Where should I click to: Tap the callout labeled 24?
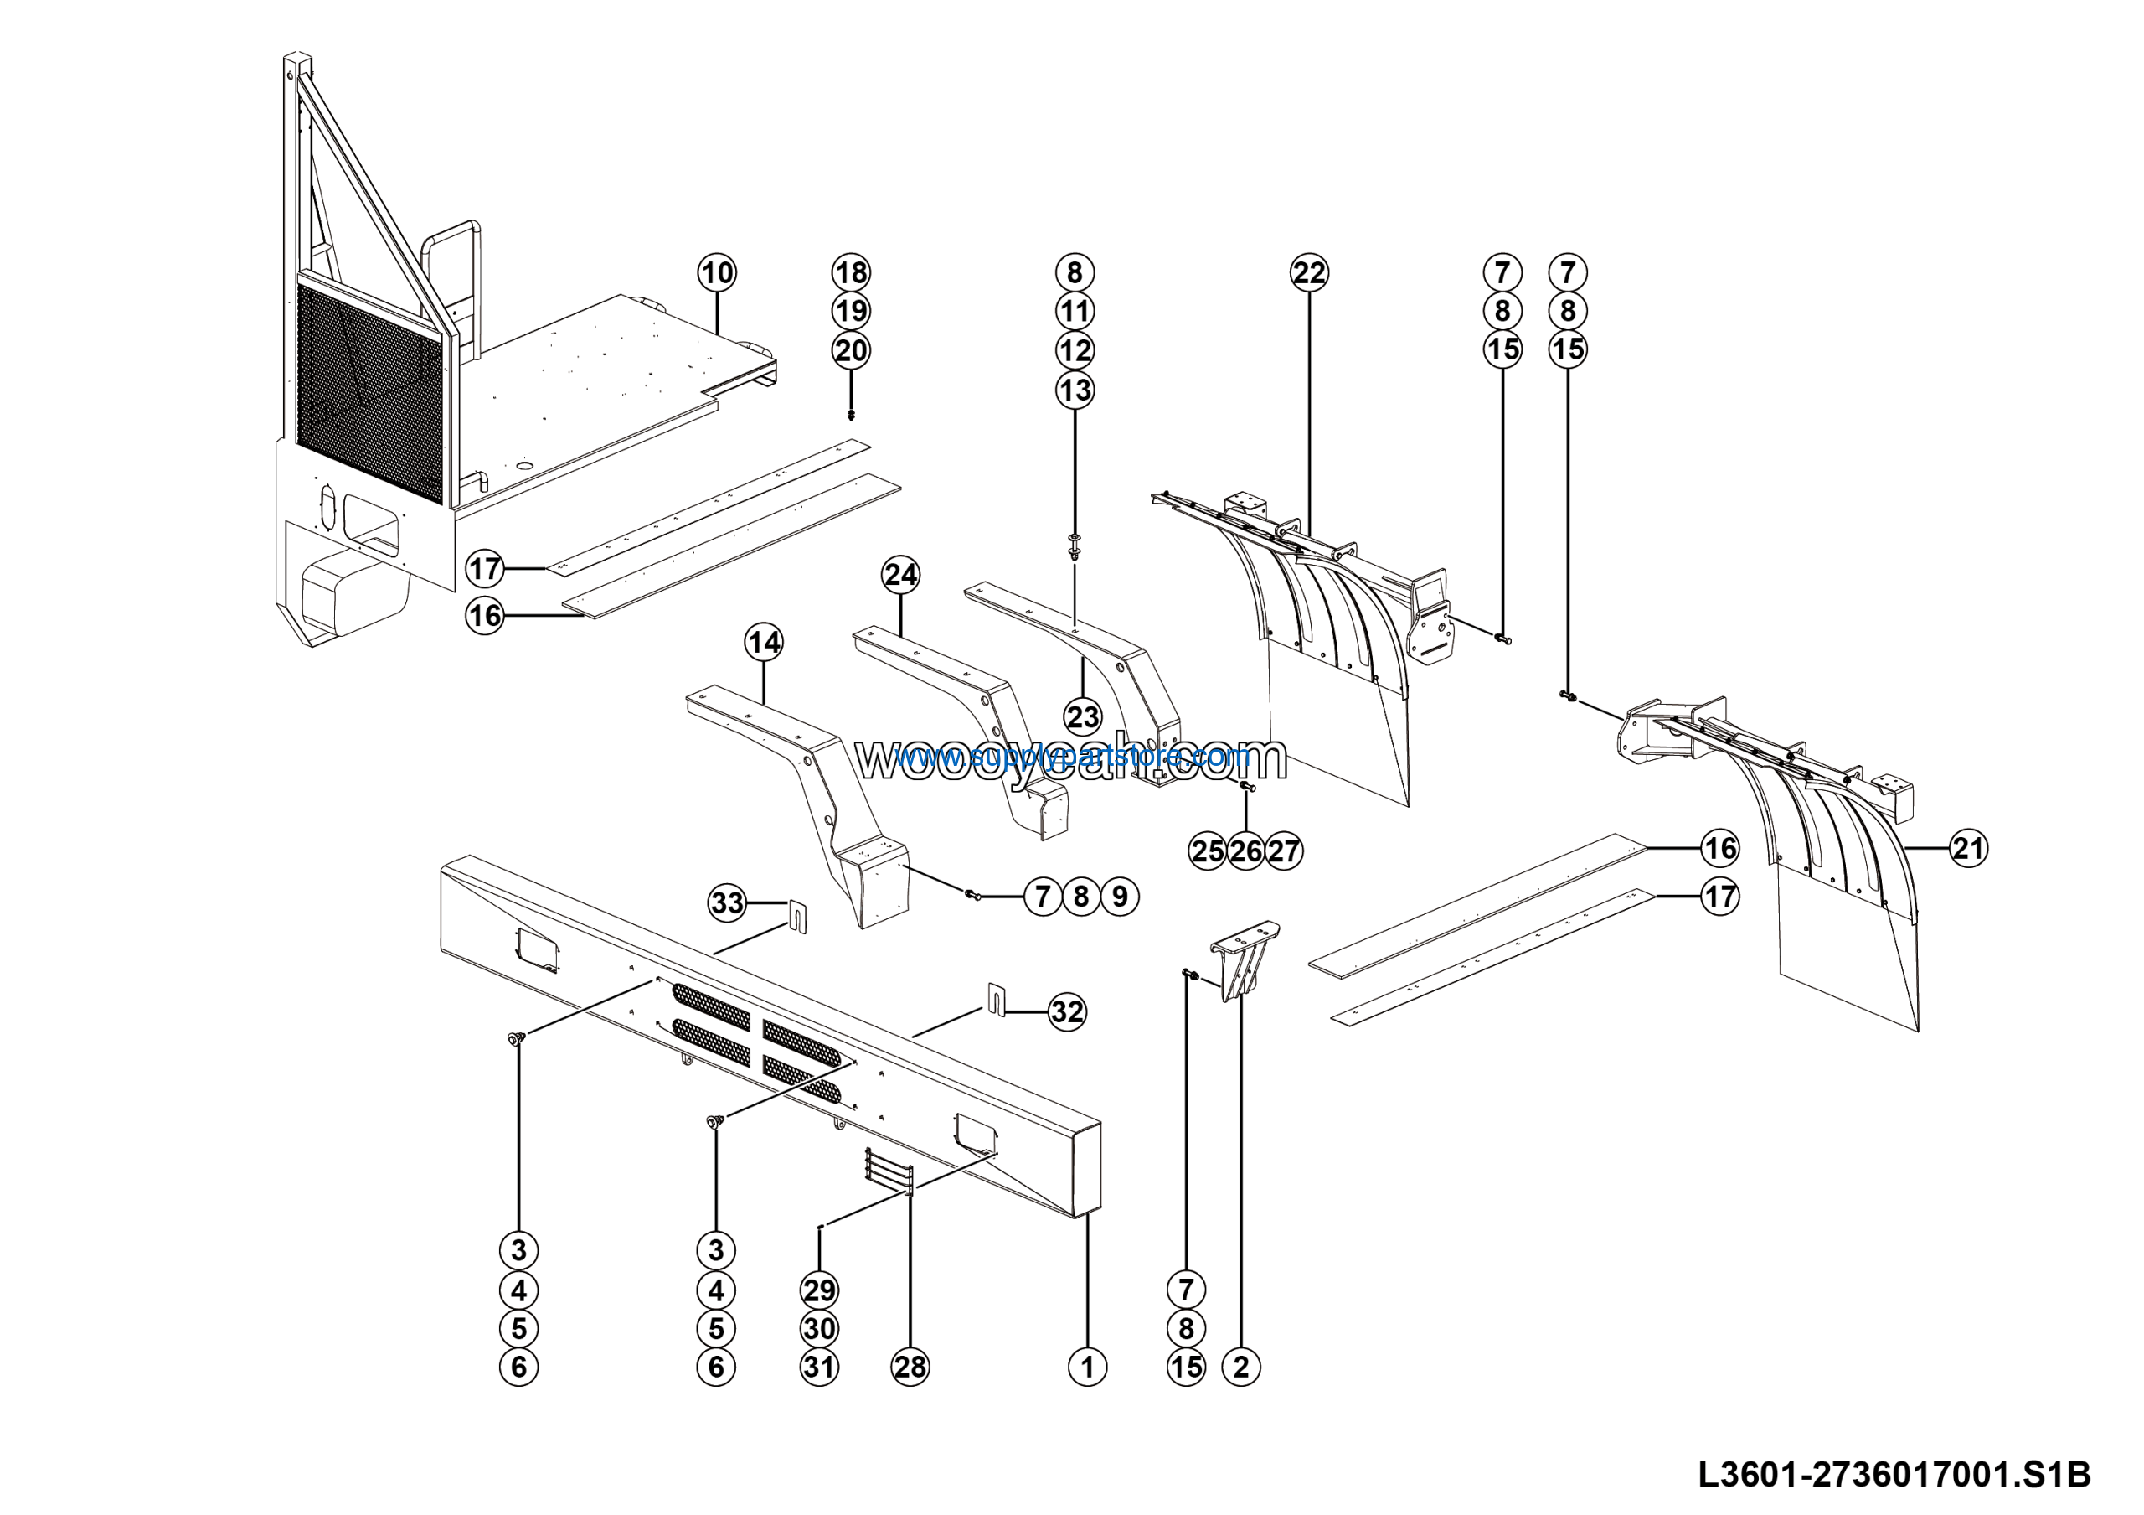tap(900, 575)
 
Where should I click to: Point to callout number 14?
tap(764, 643)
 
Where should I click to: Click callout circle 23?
tap(1083, 717)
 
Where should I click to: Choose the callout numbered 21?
tap(1967, 848)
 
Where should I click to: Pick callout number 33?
tap(728, 902)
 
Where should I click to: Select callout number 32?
tap(1066, 1011)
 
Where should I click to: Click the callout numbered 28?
tap(910, 1367)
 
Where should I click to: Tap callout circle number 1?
tap(1087, 1367)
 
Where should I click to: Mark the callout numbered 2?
tap(1241, 1367)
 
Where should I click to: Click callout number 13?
tap(1075, 390)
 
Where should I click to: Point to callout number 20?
tap(851, 350)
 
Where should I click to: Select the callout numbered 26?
tap(1245, 851)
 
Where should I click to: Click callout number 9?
tap(1120, 897)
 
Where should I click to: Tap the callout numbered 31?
tap(819, 1367)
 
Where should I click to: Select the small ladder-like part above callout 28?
tap(888, 1171)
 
